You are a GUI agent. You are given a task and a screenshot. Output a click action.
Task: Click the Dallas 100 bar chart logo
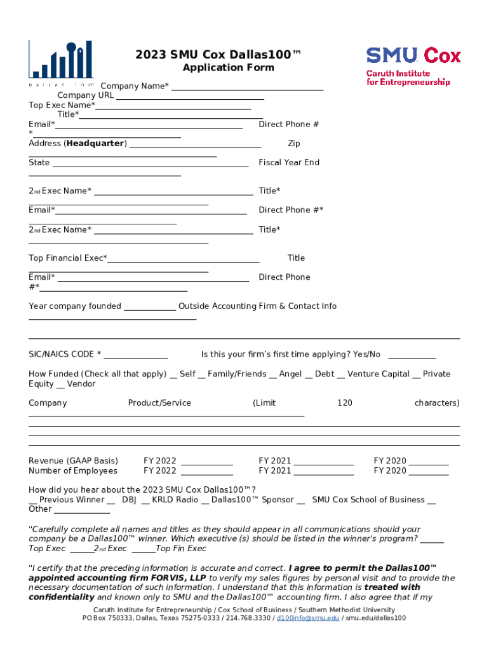(x=61, y=61)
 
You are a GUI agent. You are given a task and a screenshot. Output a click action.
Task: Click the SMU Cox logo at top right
(x=413, y=65)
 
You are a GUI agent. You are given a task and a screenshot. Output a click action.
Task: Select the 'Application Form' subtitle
(x=228, y=68)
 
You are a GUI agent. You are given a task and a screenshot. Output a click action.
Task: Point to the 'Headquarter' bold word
(x=96, y=144)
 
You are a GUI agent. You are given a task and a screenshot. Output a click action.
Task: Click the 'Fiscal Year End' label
(x=288, y=163)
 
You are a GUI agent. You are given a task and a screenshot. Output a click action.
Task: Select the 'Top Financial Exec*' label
(x=67, y=258)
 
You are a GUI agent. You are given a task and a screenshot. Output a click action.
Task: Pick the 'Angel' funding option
(x=290, y=374)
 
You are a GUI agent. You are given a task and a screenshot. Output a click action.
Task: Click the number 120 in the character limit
(x=344, y=403)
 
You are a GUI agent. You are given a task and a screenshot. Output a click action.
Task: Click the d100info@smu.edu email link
(x=307, y=618)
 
